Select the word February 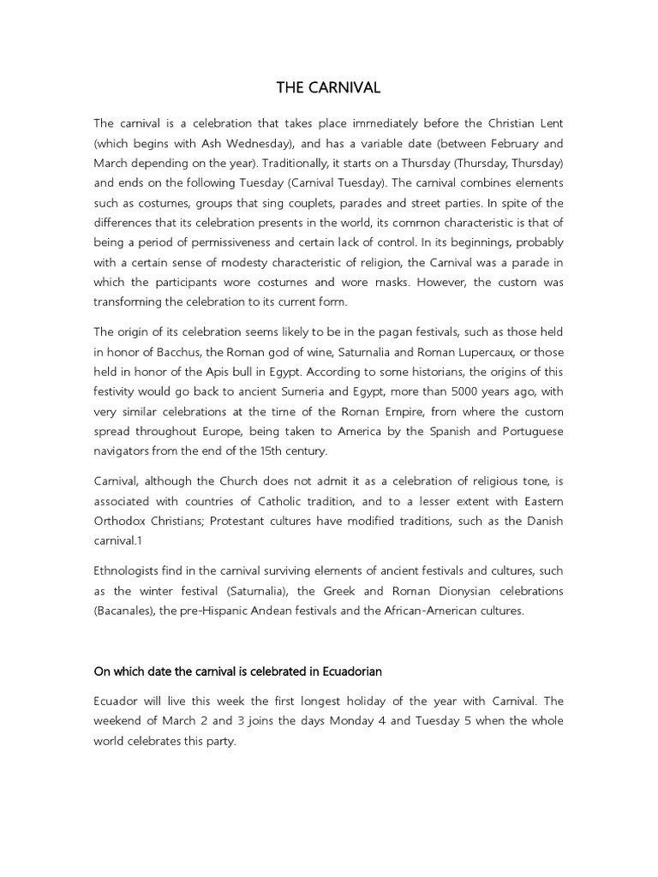pyautogui.click(x=507, y=143)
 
